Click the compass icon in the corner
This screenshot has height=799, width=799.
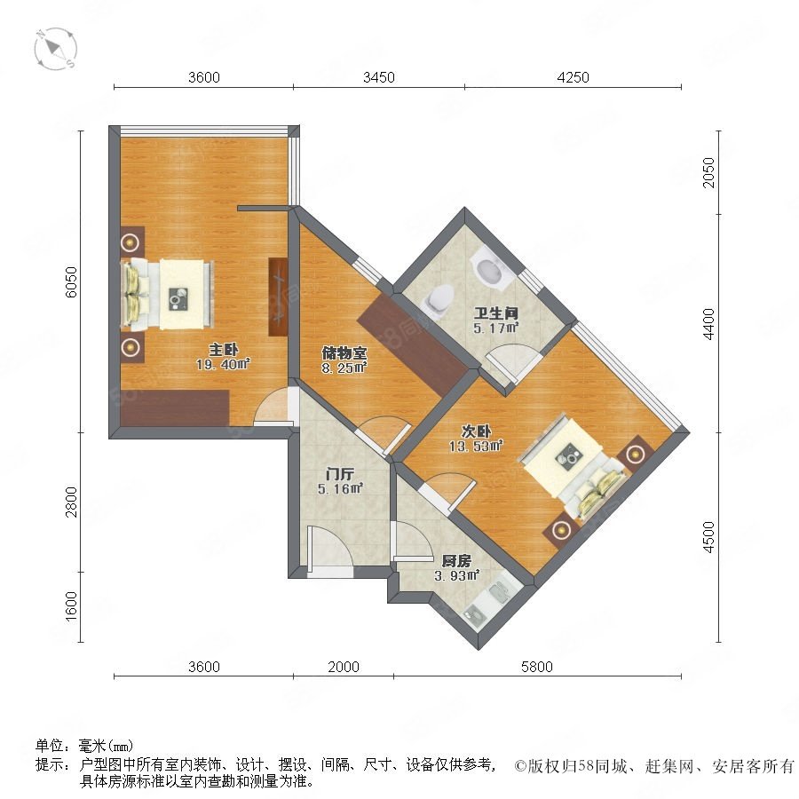pyautogui.click(x=56, y=49)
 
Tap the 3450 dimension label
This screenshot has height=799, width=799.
pyautogui.click(x=378, y=77)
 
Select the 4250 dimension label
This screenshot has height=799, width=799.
pyautogui.click(x=573, y=77)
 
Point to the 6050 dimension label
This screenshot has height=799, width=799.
pyautogui.click(x=72, y=281)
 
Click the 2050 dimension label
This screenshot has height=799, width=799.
pyautogui.click(x=708, y=173)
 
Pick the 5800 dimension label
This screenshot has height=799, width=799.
pyautogui.click(x=536, y=667)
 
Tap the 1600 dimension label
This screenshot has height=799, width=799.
pyautogui.click(x=72, y=605)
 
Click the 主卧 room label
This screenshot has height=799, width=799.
pyautogui.click(x=223, y=350)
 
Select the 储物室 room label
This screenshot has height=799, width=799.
pyautogui.click(x=344, y=352)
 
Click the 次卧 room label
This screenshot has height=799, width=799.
pyautogui.click(x=476, y=431)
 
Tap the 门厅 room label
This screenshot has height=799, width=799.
pyautogui.click(x=340, y=474)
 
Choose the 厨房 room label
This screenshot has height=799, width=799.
pyautogui.click(x=456, y=562)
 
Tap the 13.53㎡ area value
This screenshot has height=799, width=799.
pyautogui.click(x=476, y=447)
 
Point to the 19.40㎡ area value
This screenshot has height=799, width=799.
pyautogui.click(x=223, y=364)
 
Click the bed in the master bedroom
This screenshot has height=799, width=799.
pyautogui.click(x=167, y=294)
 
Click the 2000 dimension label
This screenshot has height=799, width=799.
pyautogui.click(x=344, y=667)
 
